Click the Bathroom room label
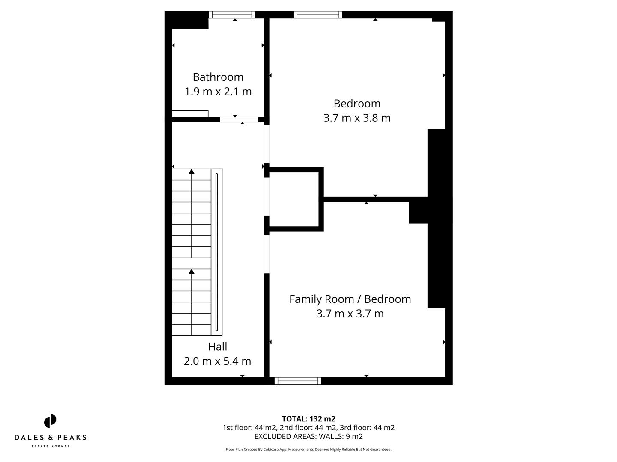tap(218, 77)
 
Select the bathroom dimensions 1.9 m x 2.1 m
tap(218, 92)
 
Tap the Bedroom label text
tap(357, 104)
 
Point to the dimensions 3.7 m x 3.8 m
tap(357, 118)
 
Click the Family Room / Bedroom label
tap(350, 299)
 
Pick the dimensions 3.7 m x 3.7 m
tap(350, 314)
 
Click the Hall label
tap(217, 346)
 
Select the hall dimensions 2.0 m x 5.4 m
tap(217, 361)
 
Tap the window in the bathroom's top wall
tap(232, 15)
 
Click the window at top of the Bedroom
tap(318, 15)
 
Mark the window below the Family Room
tap(298, 381)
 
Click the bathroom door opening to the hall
tap(239, 120)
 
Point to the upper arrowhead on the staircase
tap(192, 172)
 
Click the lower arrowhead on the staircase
tap(192, 272)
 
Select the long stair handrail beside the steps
tap(217, 252)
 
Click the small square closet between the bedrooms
tap(294, 199)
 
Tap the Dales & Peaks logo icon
tap(50, 421)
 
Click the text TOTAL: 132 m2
tap(308, 419)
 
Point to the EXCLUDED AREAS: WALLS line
tap(308, 436)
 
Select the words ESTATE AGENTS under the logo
tap(51, 447)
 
